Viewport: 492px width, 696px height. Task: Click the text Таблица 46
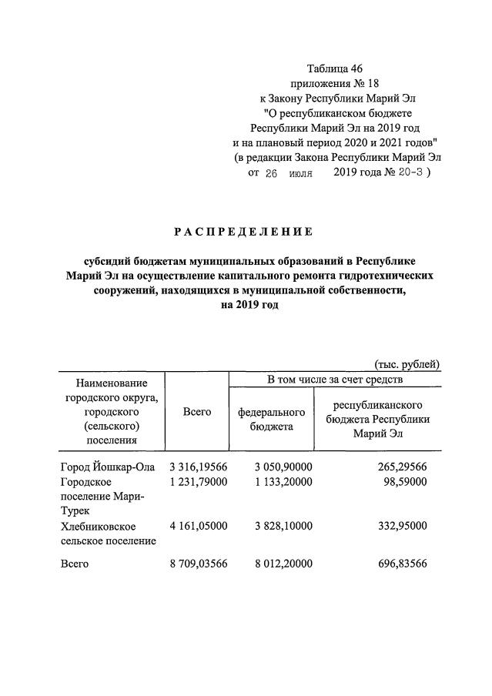click(x=335, y=69)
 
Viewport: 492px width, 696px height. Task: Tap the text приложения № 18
click(x=335, y=83)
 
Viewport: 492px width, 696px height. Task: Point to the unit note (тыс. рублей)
click(x=407, y=364)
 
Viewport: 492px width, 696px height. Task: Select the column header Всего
click(x=197, y=412)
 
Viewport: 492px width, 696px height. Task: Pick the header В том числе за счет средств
click(x=335, y=380)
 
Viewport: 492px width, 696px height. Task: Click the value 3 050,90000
click(x=283, y=467)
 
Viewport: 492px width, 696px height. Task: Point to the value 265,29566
click(x=398, y=467)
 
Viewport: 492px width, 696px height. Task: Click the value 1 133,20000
click(x=283, y=482)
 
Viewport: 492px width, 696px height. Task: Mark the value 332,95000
click(x=398, y=526)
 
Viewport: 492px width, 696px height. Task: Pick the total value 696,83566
click(x=398, y=564)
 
